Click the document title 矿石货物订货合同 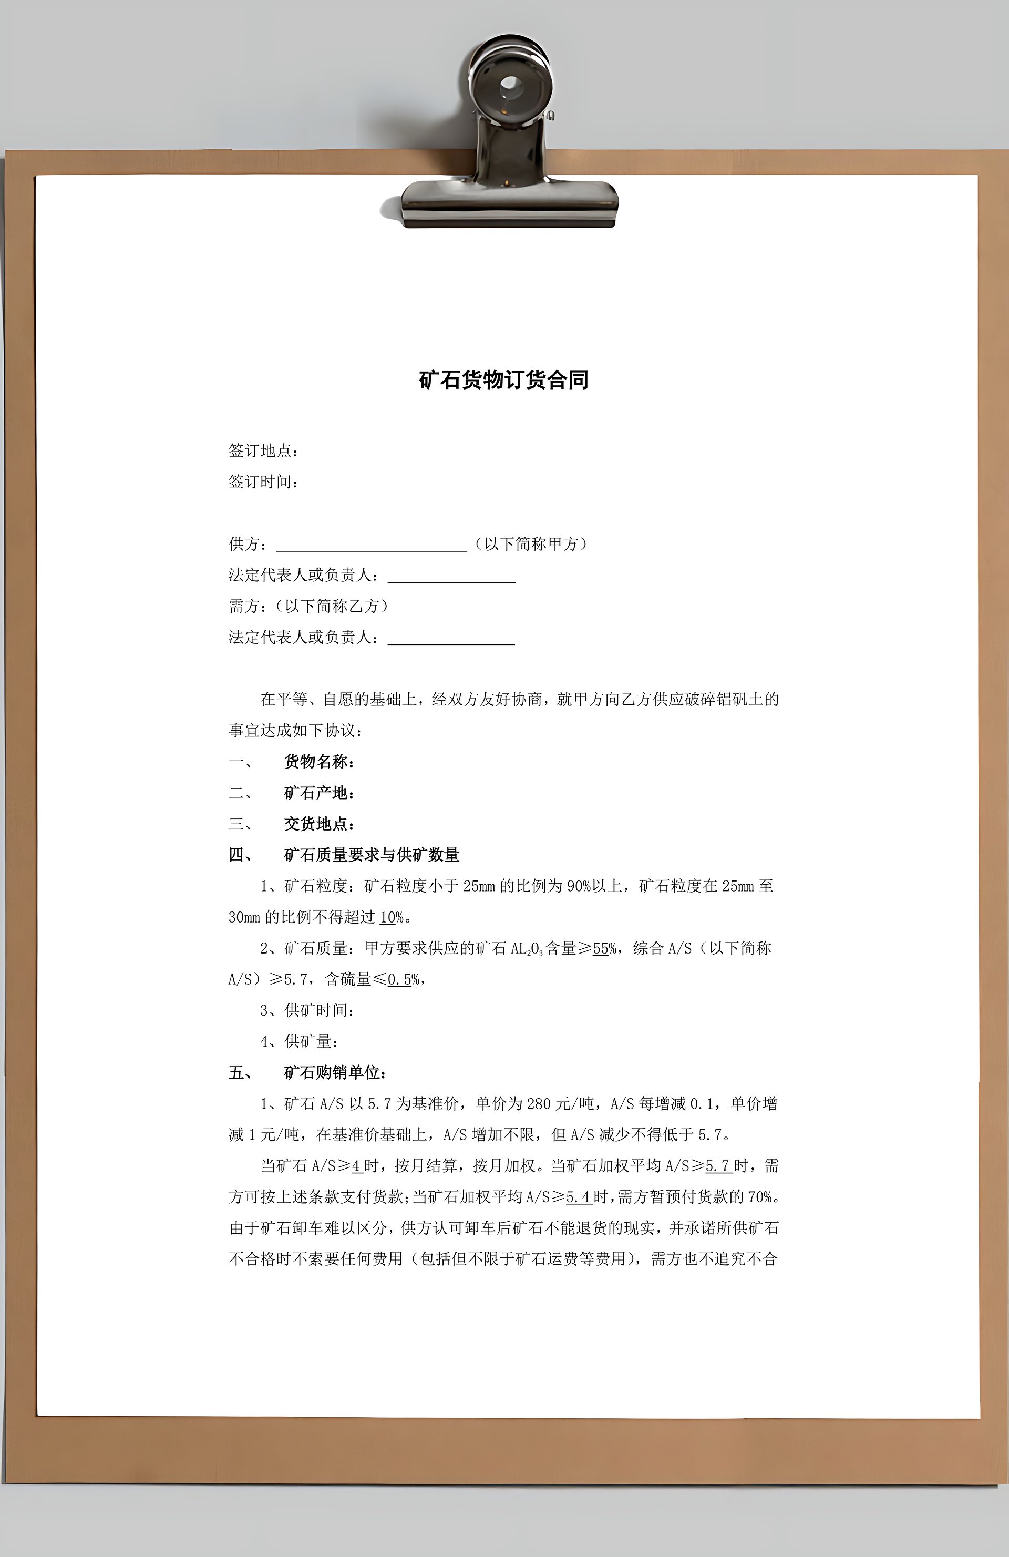pyautogui.click(x=503, y=380)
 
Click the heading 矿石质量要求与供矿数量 pyautogui.click(x=372, y=855)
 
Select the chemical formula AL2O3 pyautogui.click(x=527, y=949)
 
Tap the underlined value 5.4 pyautogui.click(x=578, y=1197)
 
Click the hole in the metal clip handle pyautogui.click(x=509, y=86)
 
